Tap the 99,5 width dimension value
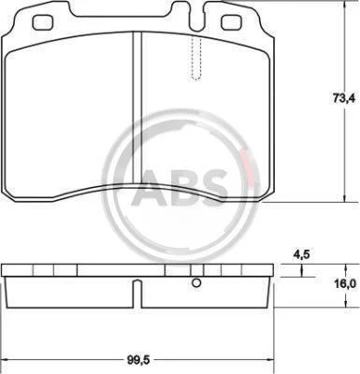(x=138, y=360)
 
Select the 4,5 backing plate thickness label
(x=301, y=254)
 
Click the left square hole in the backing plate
(x=42, y=23)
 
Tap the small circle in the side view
(x=196, y=283)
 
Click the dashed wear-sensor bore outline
(x=195, y=58)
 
